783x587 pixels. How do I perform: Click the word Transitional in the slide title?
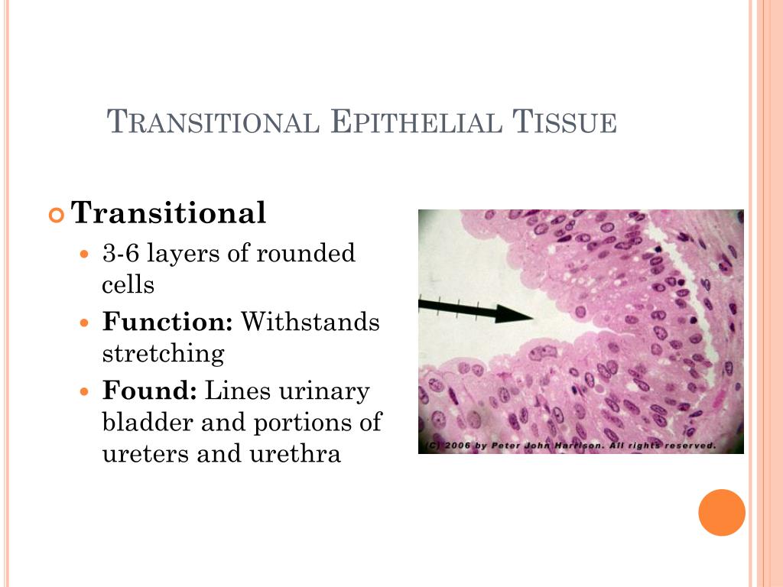pyautogui.click(x=212, y=122)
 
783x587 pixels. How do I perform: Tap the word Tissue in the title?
pyautogui.click(x=564, y=122)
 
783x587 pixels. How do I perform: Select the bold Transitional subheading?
pyautogui.click(x=168, y=213)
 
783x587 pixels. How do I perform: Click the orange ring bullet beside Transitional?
pyautogui.click(x=57, y=216)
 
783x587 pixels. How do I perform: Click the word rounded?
pyautogui.click(x=307, y=253)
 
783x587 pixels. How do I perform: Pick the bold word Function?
pyautogui.click(x=167, y=322)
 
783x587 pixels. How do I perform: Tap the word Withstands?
pyautogui.click(x=310, y=322)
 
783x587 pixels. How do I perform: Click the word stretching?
pyautogui.click(x=163, y=354)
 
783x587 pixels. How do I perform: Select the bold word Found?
pyautogui.click(x=150, y=391)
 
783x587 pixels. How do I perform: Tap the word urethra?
pyautogui.click(x=294, y=454)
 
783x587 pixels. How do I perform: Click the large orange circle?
pyautogui.click(x=721, y=512)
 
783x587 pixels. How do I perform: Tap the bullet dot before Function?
pyautogui.click(x=86, y=323)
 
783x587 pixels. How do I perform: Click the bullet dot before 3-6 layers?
pyautogui.click(x=86, y=254)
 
